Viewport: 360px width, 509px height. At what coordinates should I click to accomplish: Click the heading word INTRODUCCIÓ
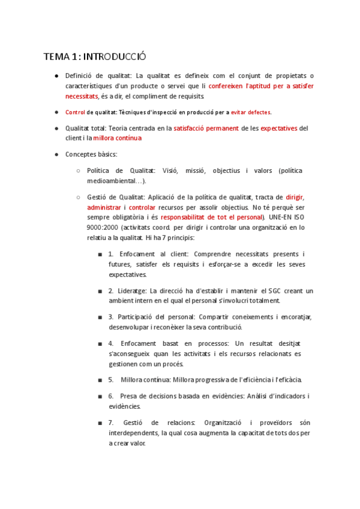point(115,57)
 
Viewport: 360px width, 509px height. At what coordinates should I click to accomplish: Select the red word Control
point(75,112)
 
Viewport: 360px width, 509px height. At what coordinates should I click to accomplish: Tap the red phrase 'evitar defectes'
point(251,112)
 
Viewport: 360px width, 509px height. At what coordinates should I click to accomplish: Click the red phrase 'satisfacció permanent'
point(206,128)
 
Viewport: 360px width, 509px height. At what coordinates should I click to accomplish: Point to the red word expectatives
point(270,128)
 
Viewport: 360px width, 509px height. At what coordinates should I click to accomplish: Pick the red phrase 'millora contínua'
point(118,138)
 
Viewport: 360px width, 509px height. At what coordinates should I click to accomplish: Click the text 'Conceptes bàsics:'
point(91,154)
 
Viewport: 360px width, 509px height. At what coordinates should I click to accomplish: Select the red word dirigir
point(295,196)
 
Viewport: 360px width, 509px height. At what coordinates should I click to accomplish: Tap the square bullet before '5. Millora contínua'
point(100,380)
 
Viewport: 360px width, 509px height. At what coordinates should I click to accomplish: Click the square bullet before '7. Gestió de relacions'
point(100,423)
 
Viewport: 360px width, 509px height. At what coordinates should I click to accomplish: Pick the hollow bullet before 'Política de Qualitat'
point(79,170)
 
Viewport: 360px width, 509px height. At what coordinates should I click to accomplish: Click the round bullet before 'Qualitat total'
point(56,128)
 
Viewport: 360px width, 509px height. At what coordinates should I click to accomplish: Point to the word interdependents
point(135,433)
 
